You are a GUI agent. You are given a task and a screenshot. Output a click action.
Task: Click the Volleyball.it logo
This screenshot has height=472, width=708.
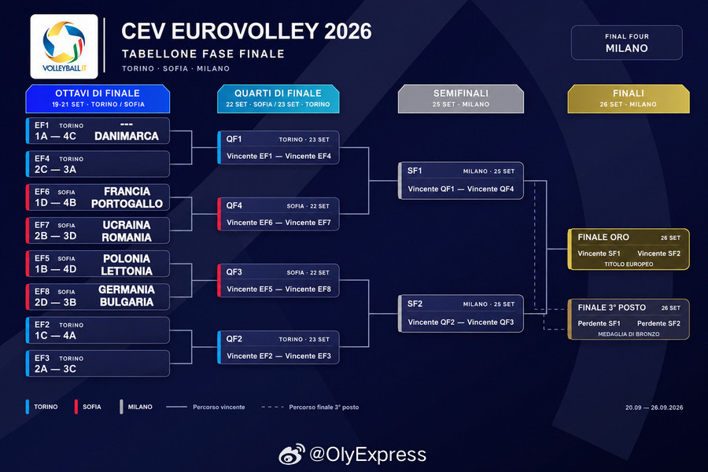coord(65,46)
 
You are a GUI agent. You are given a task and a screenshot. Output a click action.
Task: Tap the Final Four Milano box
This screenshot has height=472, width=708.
coord(627,42)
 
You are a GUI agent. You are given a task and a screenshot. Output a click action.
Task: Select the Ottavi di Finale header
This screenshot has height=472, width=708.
coord(98,98)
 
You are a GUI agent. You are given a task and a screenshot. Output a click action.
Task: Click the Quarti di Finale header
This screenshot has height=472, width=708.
coord(278,98)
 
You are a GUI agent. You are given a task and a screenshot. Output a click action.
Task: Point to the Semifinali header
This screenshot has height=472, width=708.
coord(461,98)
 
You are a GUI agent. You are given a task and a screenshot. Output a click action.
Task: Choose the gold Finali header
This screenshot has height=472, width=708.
coord(629,98)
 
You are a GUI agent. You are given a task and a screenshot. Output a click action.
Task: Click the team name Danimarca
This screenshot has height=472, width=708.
coord(127,136)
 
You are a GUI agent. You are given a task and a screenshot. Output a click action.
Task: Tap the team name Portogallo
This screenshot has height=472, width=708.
coord(127,204)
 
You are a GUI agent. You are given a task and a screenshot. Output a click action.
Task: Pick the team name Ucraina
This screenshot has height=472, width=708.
coord(127,225)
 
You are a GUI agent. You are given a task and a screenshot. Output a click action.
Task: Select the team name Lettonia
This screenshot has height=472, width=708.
coord(127,271)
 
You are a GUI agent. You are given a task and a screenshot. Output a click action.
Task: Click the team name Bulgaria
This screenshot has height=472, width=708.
coord(127,302)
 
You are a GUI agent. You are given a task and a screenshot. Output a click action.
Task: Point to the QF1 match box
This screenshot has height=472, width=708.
coord(278,147)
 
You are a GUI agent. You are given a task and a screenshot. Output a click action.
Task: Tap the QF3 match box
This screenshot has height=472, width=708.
coord(278,281)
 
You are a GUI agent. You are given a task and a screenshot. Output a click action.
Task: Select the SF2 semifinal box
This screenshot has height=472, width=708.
coord(460,313)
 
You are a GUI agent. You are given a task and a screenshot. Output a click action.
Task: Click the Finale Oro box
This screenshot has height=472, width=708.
coord(629,249)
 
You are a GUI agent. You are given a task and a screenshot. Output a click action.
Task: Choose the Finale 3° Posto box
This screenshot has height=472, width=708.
coord(629,319)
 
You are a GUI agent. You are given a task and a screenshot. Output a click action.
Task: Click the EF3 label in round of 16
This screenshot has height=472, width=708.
coord(42,358)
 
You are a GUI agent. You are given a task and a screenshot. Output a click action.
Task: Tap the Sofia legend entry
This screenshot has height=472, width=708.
coord(88,407)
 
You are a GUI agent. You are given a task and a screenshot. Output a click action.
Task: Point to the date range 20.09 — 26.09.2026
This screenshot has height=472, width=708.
coord(654,407)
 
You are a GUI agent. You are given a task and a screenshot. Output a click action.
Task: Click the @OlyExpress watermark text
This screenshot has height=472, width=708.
coord(367,455)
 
